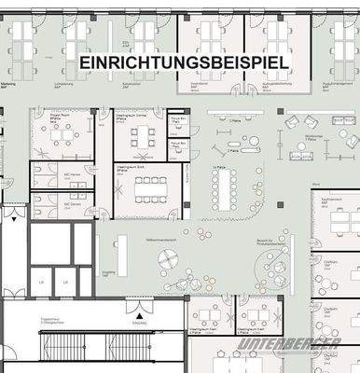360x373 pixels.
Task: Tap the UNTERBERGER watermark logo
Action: tap(289, 345)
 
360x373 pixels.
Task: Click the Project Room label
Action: tap(48, 117)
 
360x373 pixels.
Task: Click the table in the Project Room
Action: tap(63, 138)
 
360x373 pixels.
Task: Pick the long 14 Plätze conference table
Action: tap(221, 190)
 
